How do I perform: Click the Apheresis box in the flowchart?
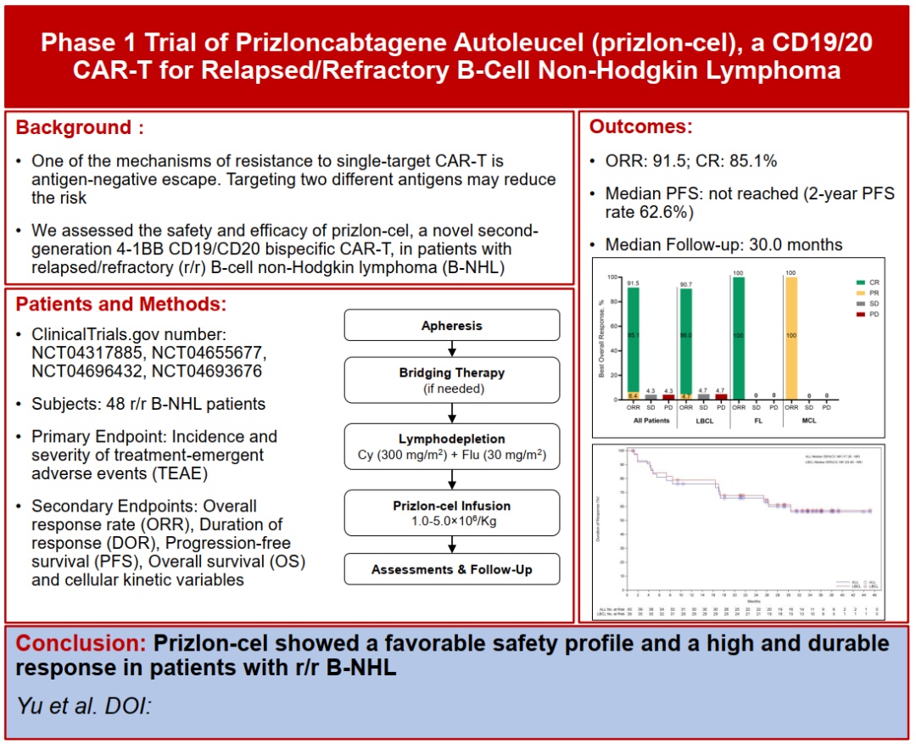click(451, 326)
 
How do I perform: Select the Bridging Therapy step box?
click(451, 380)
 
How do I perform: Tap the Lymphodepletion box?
click(451, 447)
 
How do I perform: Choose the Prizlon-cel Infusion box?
click(451, 513)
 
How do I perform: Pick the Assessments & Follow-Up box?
click(451, 569)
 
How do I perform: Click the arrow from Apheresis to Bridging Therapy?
click(451, 349)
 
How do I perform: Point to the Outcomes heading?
click(640, 127)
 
